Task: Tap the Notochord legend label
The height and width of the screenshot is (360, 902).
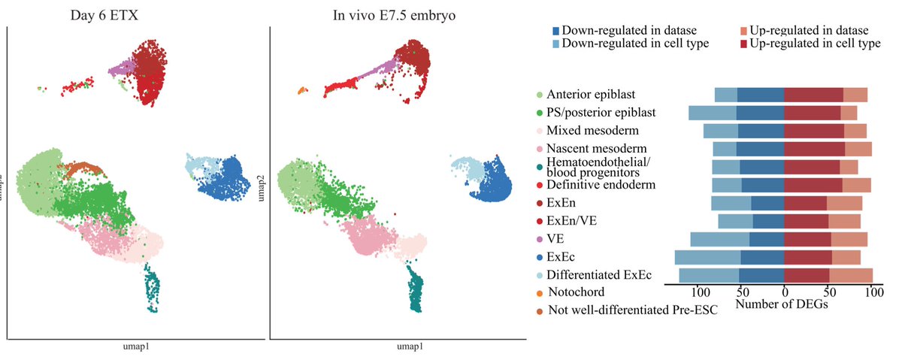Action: click(576, 291)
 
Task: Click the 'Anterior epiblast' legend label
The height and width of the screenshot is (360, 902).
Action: click(592, 94)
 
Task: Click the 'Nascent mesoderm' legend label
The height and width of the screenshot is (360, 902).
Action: click(597, 148)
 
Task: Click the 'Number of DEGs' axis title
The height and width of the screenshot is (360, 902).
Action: click(780, 305)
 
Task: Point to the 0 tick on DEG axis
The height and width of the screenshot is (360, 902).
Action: click(785, 293)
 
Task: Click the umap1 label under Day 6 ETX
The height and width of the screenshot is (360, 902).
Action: click(138, 348)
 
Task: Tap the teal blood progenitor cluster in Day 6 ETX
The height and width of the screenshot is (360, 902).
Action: click(151, 286)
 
